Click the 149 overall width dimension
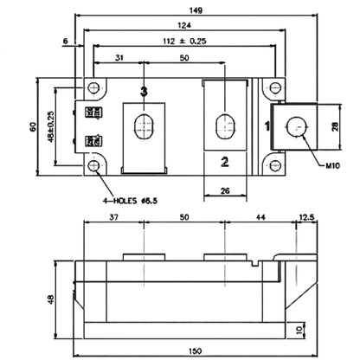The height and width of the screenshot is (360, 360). [196, 10]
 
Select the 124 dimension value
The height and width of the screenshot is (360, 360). [184, 25]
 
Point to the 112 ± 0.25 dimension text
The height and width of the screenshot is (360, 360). [184, 42]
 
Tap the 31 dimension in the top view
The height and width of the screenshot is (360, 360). [119, 58]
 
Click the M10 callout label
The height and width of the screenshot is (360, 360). [332, 165]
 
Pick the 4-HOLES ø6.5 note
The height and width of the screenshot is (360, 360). [130, 201]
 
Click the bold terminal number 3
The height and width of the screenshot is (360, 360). [144, 92]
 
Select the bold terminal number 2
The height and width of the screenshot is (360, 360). [225, 162]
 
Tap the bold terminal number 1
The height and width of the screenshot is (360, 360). [267, 126]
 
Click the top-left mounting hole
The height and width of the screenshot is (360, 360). [93, 87]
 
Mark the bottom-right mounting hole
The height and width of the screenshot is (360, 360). [275, 165]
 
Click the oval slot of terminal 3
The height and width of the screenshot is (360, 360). [144, 127]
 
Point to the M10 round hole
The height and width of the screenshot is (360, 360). [296, 126]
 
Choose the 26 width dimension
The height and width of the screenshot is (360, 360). [225, 190]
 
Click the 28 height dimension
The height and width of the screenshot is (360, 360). [335, 127]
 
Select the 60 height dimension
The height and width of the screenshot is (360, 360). [33, 127]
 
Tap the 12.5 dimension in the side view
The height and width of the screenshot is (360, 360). [307, 217]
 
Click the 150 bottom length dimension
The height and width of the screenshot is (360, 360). [196, 351]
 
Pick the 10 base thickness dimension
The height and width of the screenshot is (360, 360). [300, 330]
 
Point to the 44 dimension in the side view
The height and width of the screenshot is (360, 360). [260, 217]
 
